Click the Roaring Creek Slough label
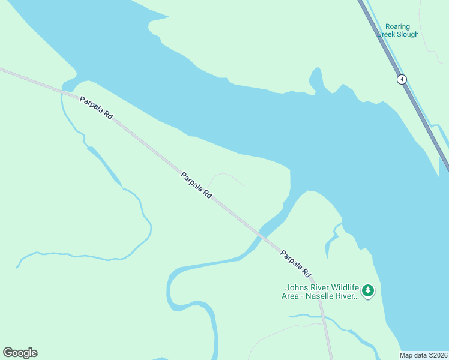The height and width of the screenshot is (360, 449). pos(397,31)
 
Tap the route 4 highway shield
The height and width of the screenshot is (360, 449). pos(402,79)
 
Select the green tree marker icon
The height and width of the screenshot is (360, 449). pos(368,291)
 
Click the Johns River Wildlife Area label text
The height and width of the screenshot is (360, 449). pos(321,291)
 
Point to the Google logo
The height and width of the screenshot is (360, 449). pos(20,353)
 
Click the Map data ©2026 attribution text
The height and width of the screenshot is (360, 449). pos(424,355)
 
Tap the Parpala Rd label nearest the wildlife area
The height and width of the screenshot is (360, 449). pos(295,263)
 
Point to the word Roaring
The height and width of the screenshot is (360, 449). pos(397,27)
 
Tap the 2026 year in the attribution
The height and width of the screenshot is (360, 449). pos(439,355)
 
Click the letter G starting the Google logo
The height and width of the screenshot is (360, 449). pos(8,353)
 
